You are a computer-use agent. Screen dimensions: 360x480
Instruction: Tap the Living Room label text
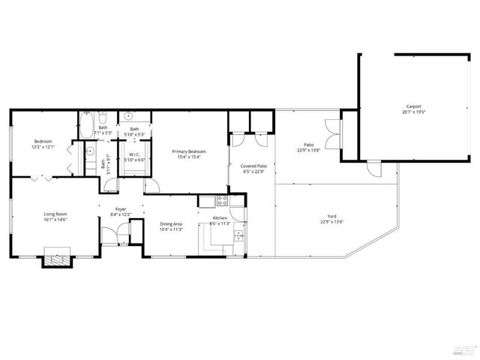[55, 214]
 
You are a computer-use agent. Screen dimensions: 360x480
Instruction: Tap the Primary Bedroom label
[190, 151]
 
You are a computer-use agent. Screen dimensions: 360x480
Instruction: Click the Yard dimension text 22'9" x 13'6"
[331, 221]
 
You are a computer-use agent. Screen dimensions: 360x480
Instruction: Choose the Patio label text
[308, 145]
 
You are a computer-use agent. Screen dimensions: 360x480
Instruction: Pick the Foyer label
[120, 209]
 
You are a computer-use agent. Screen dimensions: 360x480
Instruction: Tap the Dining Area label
[172, 224]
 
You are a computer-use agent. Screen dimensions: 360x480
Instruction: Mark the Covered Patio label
[253, 166]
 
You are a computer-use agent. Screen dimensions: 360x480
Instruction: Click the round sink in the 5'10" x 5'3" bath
[128, 117]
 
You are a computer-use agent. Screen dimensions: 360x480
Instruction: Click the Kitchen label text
[220, 218]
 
